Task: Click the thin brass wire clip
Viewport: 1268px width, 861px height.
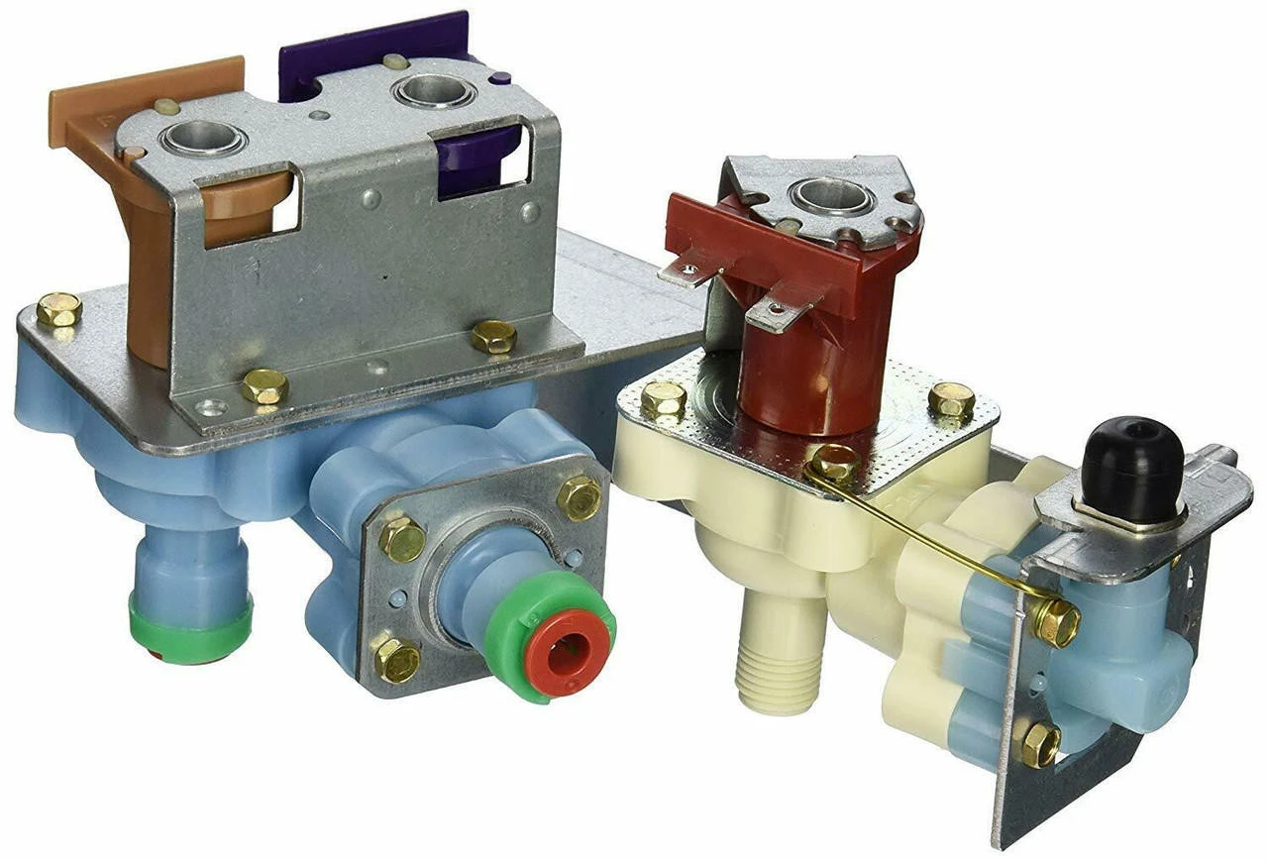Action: coord(931,535)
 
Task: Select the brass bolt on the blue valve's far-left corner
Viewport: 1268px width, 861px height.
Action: coord(59,310)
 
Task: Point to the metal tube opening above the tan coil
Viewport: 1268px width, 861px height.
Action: coord(202,140)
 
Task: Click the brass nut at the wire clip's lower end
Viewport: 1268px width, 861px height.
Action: coord(1055,621)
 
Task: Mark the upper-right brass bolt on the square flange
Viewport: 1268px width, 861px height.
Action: coord(579,496)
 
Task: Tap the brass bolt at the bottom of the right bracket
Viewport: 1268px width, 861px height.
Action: coord(1038,743)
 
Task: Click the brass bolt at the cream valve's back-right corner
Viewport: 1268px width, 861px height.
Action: coord(951,399)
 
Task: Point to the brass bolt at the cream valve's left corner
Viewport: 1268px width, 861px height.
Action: coord(663,400)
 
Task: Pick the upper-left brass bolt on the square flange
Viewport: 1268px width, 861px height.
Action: coord(402,538)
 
